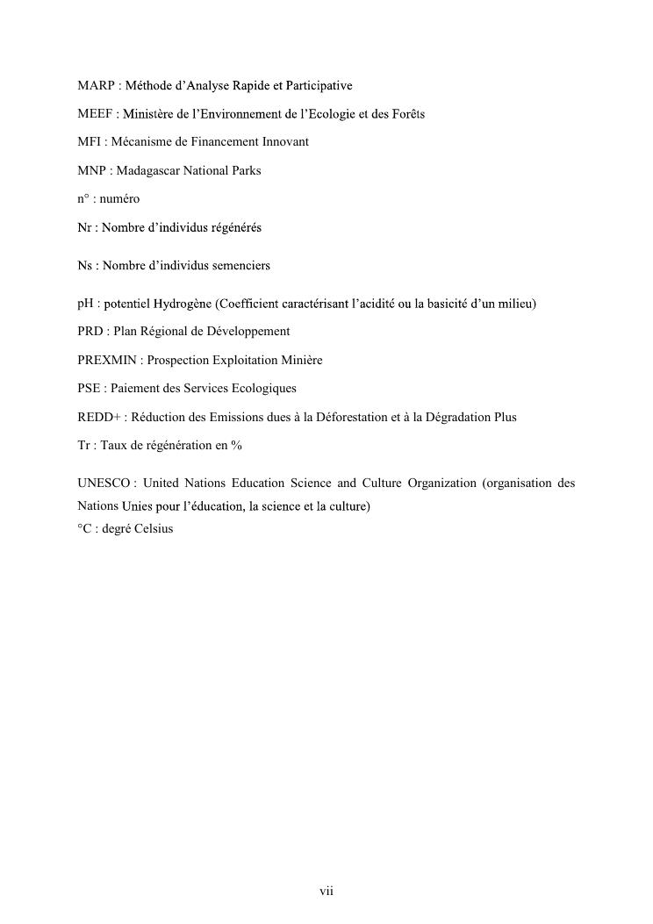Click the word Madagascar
click(147, 170)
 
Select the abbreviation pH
click(84, 304)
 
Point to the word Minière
click(301, 360)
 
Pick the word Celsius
click(154, 529)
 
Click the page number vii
click(326, 892)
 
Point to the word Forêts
click(407, 114)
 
